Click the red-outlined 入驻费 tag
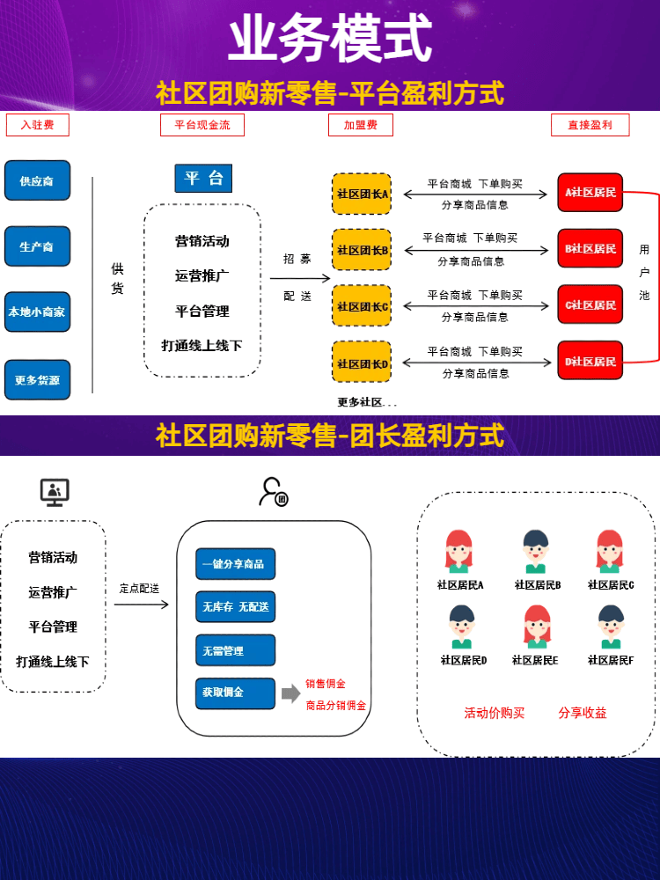(37, 125)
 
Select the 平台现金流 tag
(202, 125)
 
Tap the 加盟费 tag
(361, 125)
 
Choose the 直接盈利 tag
(590, 125)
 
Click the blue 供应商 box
(37, 180)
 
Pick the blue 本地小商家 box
(37, 312)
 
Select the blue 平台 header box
(203, 179)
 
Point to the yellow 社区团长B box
(362, 250)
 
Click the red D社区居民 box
(590, 361)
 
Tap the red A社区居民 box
(590, 192)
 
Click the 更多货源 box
(37, 380)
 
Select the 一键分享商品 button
(235, 564)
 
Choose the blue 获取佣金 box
(235, 693)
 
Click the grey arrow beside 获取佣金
(291, 694)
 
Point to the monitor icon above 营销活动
(55, 492)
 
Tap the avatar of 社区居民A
(459, 552)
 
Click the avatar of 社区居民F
(611, 627)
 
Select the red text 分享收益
(583, 713)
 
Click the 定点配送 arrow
(141, 605)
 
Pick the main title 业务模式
(330, 40)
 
